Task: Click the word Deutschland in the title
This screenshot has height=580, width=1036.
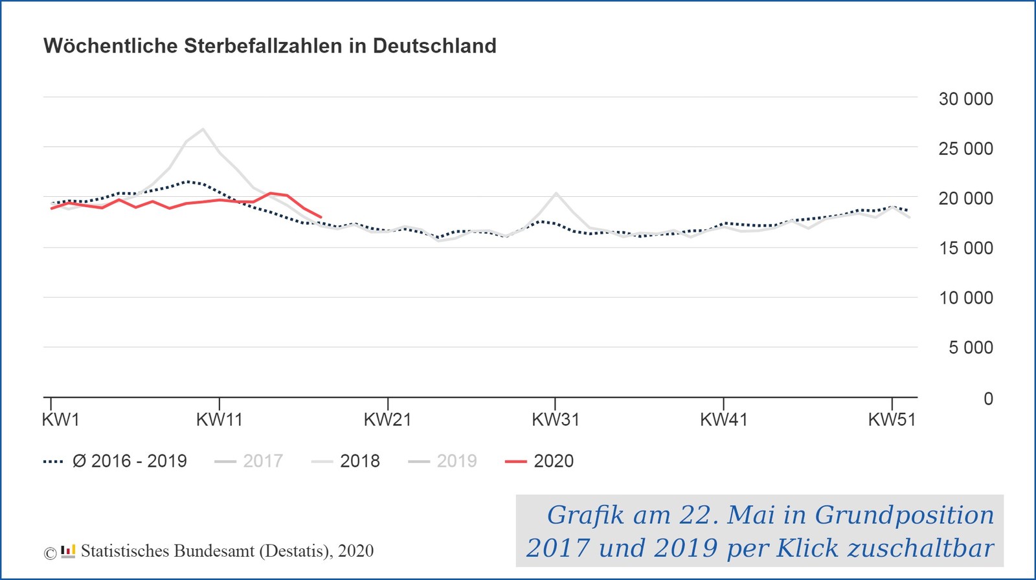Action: coord(434,46)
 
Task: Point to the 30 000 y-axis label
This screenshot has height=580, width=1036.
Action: coord(965,99)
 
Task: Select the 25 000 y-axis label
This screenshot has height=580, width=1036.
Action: coord(965,149)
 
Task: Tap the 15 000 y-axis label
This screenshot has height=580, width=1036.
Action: coord(965,248)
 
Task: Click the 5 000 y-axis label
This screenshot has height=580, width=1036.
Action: coord(970,348)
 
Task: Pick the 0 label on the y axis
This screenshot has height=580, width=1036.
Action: coord(988,399)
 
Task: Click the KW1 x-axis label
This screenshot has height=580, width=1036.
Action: coord(60,419)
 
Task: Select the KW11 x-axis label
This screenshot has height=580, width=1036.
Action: coord(219,419)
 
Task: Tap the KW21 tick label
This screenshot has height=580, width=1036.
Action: coord(387,419)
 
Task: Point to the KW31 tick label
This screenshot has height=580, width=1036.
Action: coord(555,419)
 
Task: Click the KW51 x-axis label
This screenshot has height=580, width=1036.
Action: coord(892,419)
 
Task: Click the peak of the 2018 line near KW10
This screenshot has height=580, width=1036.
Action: coord(203,129)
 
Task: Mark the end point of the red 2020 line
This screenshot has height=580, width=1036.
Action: coord(321,217)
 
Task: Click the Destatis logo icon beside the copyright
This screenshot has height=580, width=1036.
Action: coord(68,552)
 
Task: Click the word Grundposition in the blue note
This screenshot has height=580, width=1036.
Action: coord(904,515)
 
